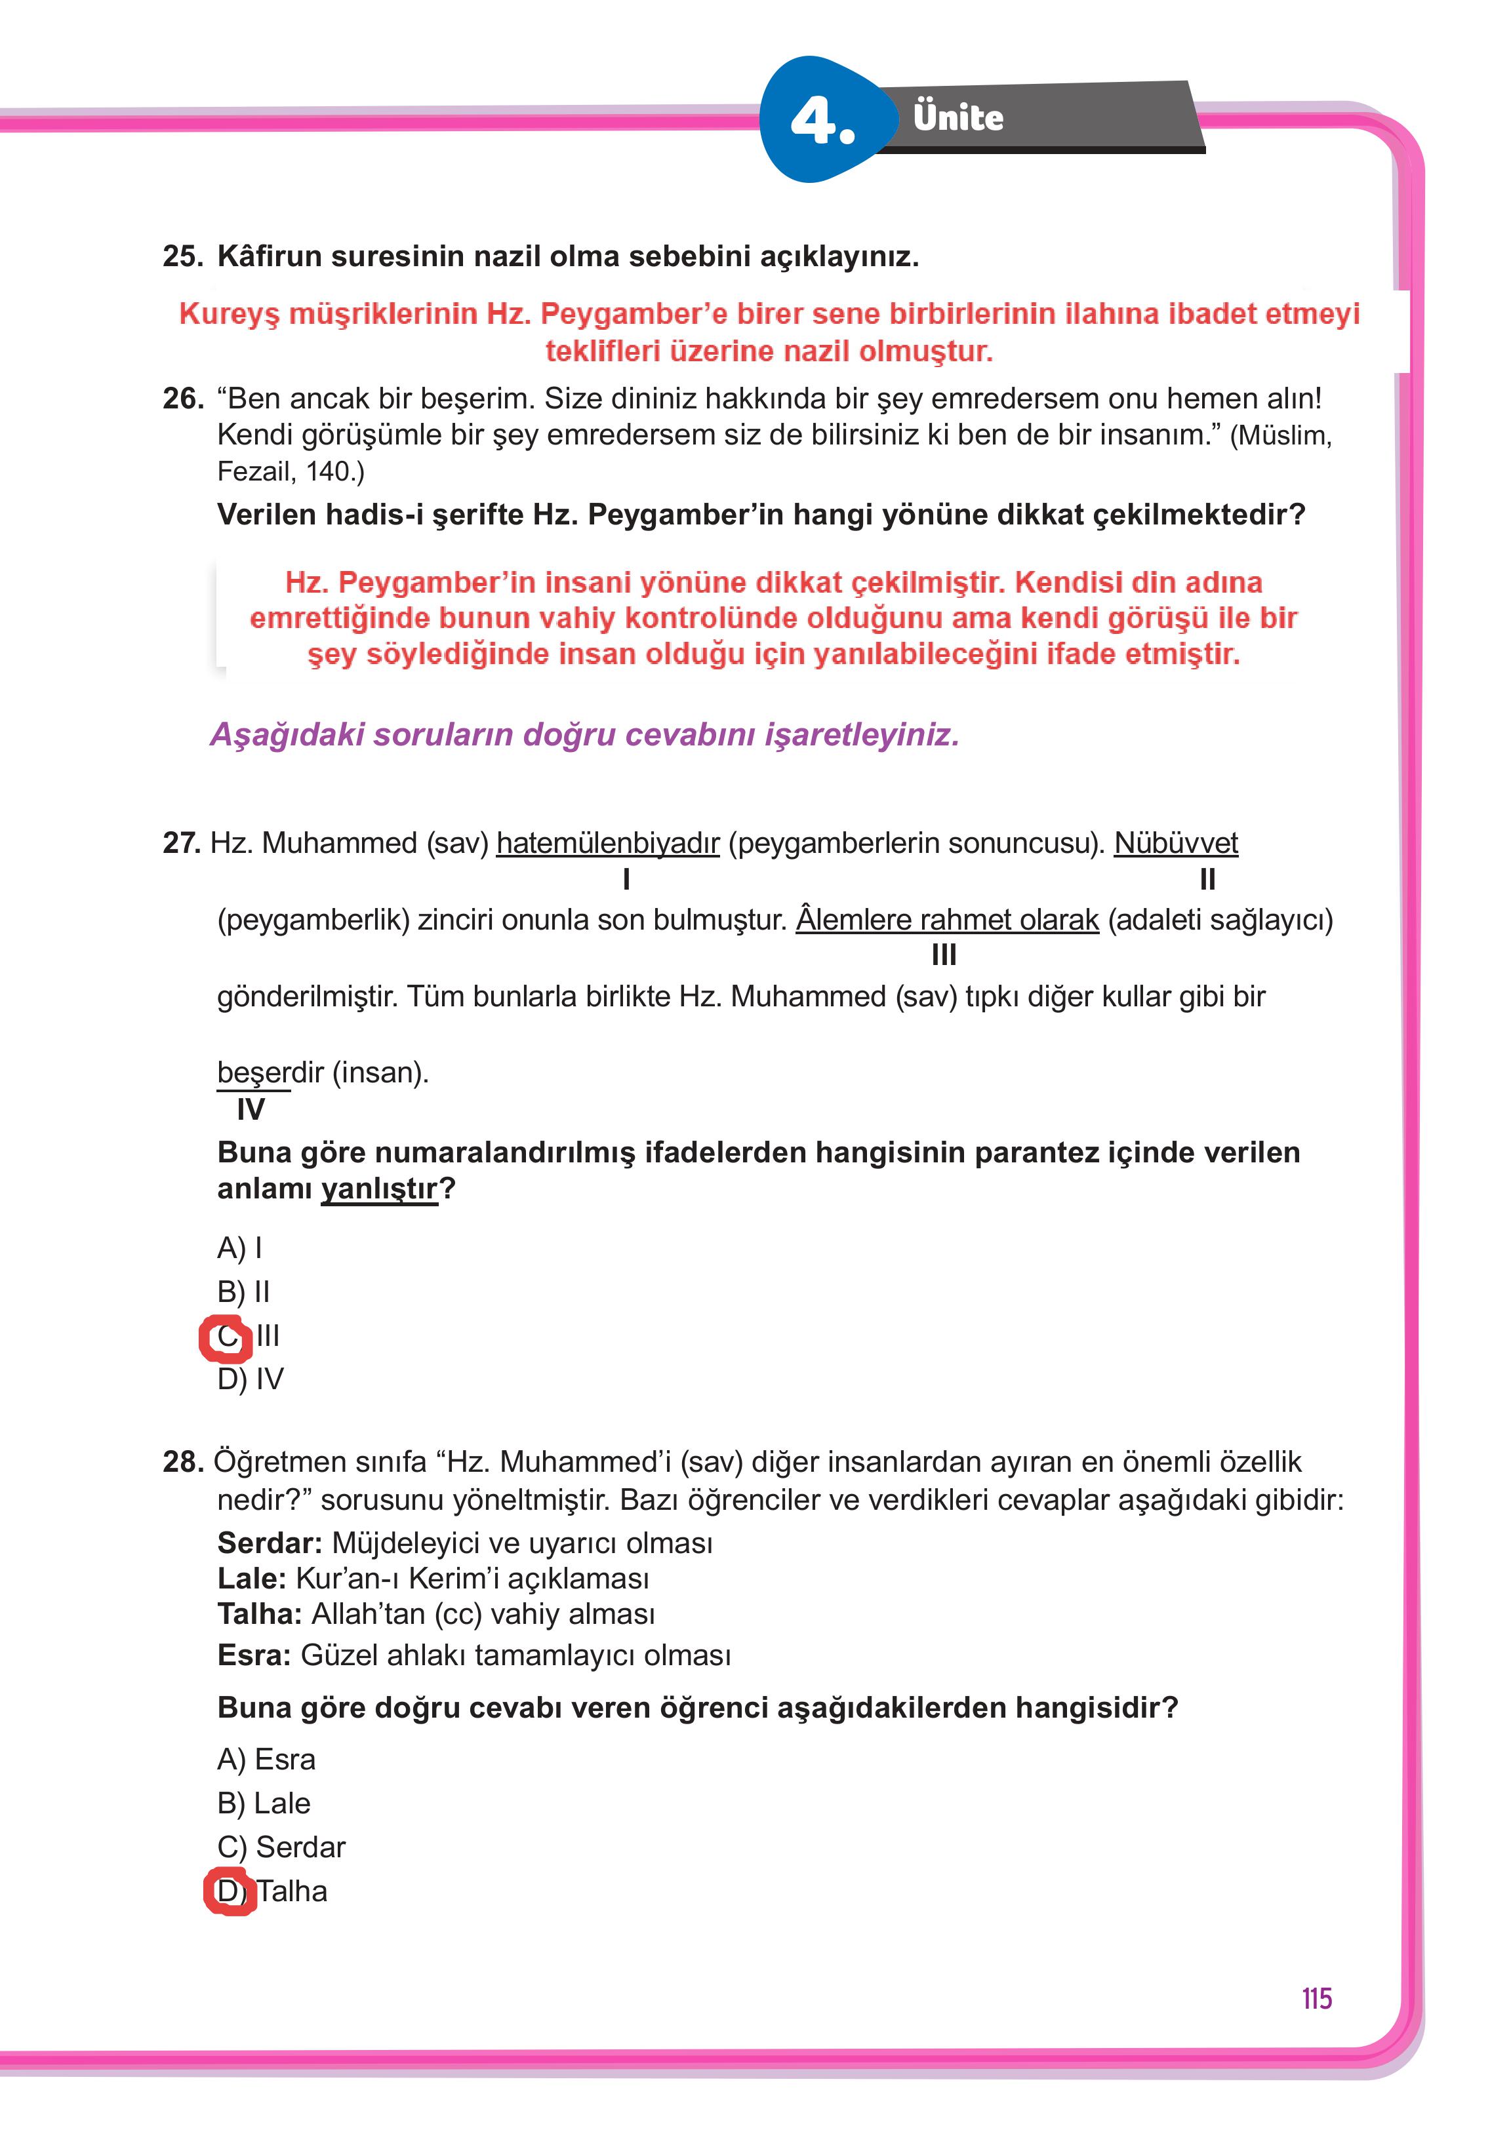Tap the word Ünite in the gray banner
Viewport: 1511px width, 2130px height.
coord(957,117)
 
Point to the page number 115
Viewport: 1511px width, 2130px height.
coord(1316,1998)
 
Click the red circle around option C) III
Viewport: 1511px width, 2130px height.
coord(225,1337)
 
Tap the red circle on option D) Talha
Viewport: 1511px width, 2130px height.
coord(229,1891)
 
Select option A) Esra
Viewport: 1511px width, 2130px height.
coord(266,1759)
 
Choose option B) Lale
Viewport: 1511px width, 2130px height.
coord(263,1803)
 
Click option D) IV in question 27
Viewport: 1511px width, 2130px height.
coord(249,1379)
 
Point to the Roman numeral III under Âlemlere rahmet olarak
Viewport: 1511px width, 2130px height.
coord(944,955)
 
